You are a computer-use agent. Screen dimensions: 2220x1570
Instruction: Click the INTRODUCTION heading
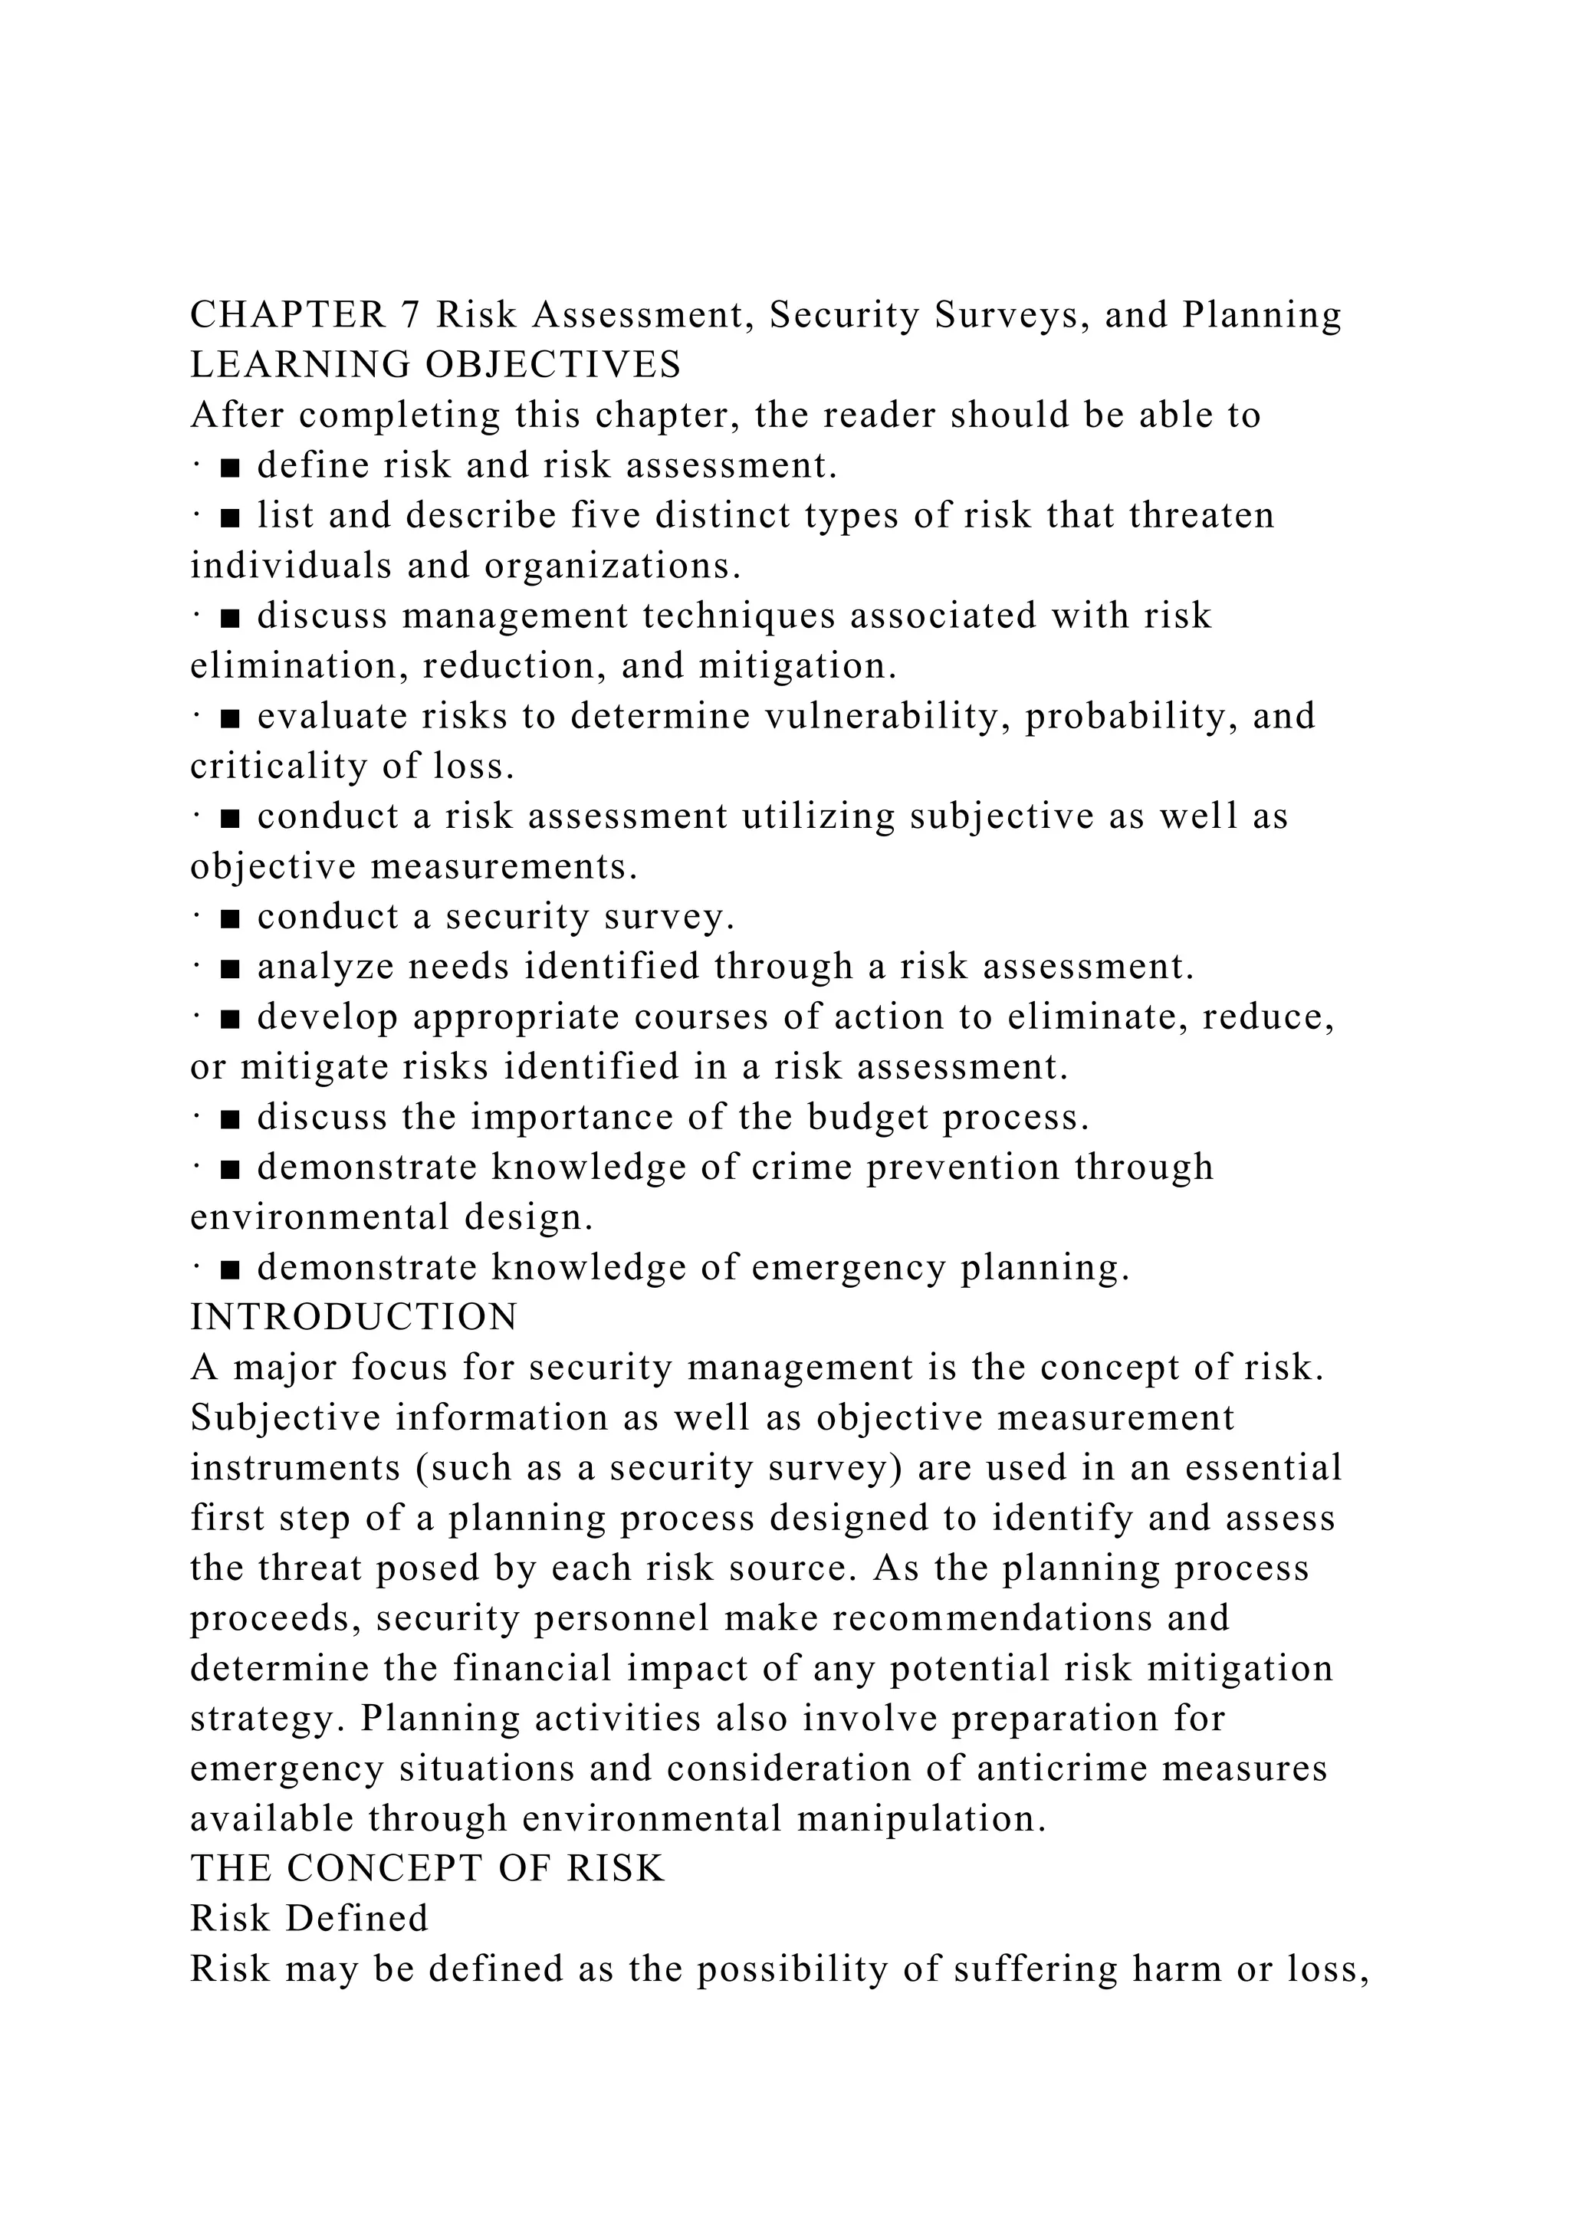pyautogui.click(x=354, y=1318)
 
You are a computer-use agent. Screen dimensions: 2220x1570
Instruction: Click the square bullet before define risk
pyautogui.click(x=230, y=467)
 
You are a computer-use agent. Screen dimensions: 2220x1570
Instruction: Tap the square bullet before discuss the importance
pyautogui.click(x=230, y=1118)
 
